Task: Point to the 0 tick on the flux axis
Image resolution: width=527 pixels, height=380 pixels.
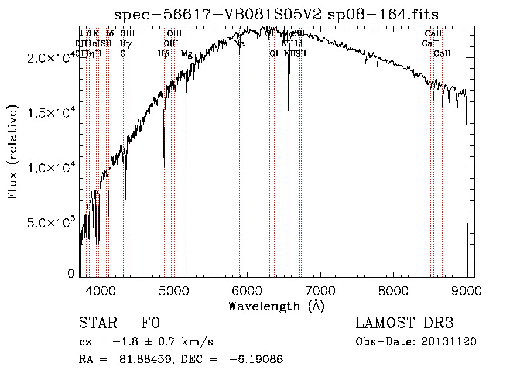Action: (71, 273)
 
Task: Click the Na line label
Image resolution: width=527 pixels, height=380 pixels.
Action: (239, 43)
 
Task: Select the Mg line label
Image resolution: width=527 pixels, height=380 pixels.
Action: (186, 53)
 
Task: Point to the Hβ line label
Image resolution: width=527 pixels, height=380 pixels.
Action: (164, 53)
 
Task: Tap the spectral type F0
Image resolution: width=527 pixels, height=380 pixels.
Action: (150, 323)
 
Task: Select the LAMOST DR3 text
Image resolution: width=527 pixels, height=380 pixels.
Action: (405, 323)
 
